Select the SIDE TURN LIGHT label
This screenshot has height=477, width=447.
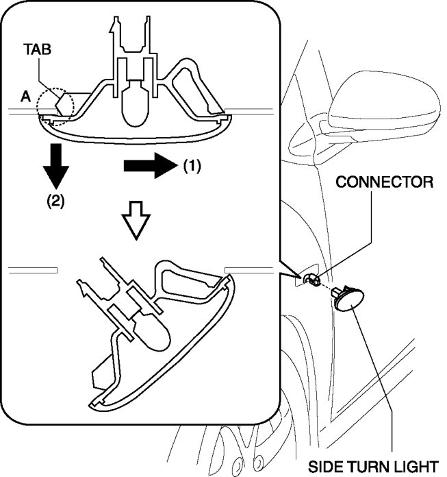pyautogui.click(x=372, y=466)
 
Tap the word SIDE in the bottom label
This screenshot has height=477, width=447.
pyautogui.click(x=325, y=466)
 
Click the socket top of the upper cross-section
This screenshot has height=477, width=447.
pyautogui.click(x=130, y=31)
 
